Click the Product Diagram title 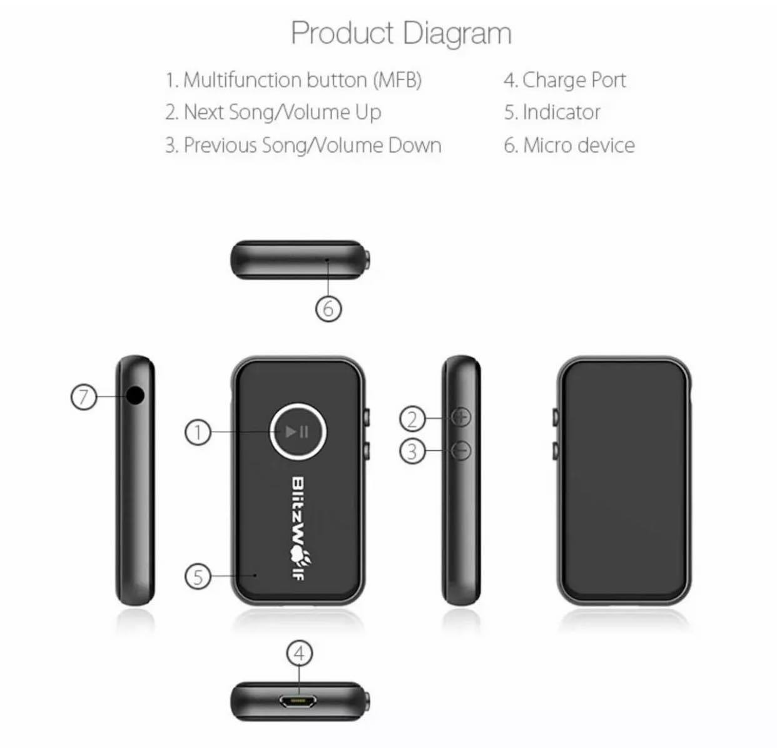[401, 34]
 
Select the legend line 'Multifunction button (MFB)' [293, 80]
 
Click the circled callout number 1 [198, 432]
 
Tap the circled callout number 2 [412, 418]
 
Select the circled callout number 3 [412, 452]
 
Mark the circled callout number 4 [300, 654]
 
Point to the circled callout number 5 [198, 577]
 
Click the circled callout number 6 [328, 309]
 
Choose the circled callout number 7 [84, 397]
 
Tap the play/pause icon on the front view [297, 432]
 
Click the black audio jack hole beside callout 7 [136, 395]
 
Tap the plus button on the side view [461, 418]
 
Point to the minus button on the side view [461, 451]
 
